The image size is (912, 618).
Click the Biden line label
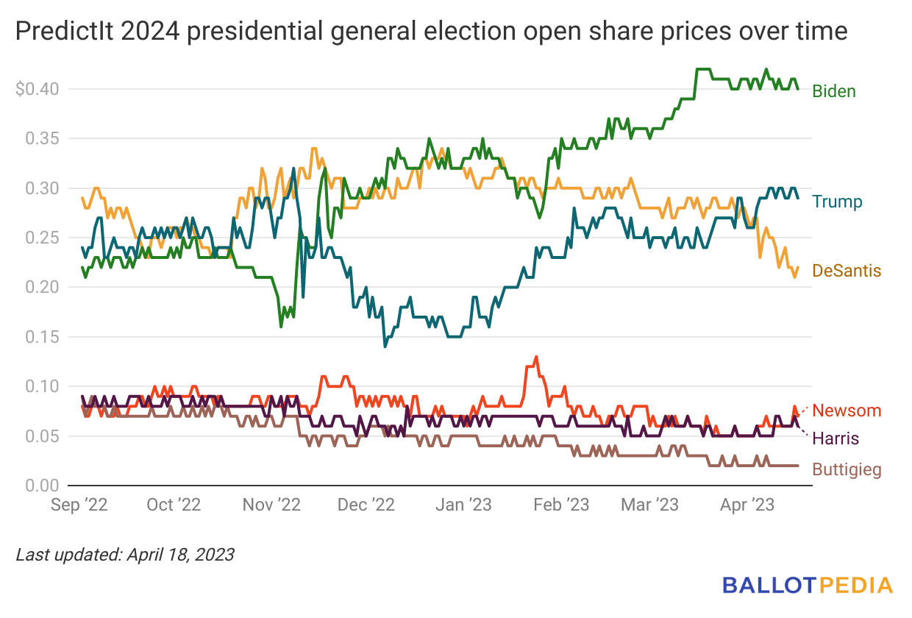(x=834, y=91)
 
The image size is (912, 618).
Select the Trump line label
(x=837, y=202)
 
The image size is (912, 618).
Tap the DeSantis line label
(x=847, y=271)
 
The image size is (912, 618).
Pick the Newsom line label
(x=847, y=411)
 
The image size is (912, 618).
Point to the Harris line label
(x=836, y=438)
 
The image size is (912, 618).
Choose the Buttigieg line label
(x=847, y=469)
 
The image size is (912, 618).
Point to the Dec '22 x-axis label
(x=366, y=505)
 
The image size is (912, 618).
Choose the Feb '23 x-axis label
(x=560, y=505)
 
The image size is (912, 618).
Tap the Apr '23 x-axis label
(x=745, y=505)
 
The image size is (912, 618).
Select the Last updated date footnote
(x=125, y=554)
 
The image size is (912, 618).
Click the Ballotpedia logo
(x=807, y=586)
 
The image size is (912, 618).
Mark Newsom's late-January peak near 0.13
(x=535, y=357)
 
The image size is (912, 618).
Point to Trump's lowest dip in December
(x=385, y=346)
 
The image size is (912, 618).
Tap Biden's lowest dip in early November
(x=281, y=325)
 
